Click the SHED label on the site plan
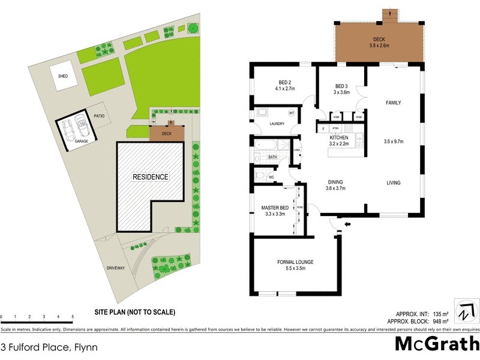tap(63, 77)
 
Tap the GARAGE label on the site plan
tap(82, 141)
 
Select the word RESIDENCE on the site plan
tap(151, 177)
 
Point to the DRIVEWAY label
tap(115, 268)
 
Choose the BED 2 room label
tap(285, 83)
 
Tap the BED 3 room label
tap(341, 85)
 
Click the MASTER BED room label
tap(275, 208)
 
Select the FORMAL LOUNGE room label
tap(295, 262)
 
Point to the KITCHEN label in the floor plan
tap(339, 137)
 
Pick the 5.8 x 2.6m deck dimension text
tap(379, 46)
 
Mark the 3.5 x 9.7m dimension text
tap(394, 142)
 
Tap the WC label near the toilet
tap(271, 178)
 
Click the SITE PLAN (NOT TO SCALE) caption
tap(134, 312)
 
